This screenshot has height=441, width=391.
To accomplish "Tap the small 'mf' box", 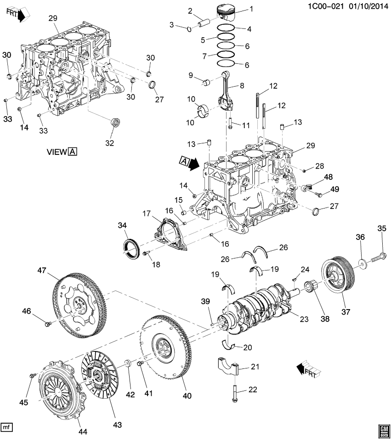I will (6, 427).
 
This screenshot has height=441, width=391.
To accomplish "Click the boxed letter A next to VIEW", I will (73, 152).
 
